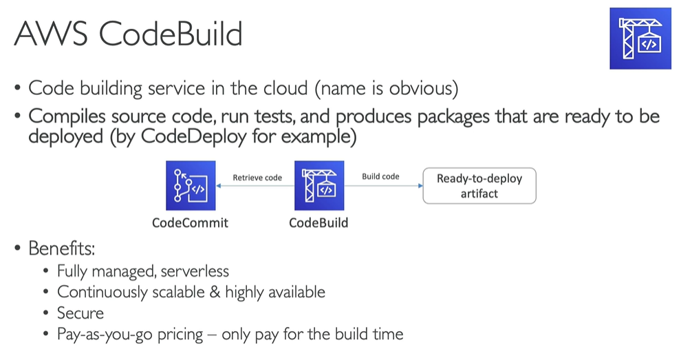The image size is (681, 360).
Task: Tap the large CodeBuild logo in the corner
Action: [x=640, y=39]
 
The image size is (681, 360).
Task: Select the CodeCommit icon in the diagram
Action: [x=191, y=186]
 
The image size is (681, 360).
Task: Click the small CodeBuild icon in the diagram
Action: [x=319, y=186]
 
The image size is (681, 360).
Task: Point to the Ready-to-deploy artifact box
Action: [x=479, y=186]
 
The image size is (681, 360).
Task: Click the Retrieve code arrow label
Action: [x=257, y=178]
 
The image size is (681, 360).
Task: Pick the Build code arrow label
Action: [x=380, y=177]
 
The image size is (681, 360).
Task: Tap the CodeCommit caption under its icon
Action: [x=190, y=223]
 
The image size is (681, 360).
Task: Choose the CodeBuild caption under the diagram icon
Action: [x=318, y=223]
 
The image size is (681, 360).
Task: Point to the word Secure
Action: [x=80, y=313]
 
